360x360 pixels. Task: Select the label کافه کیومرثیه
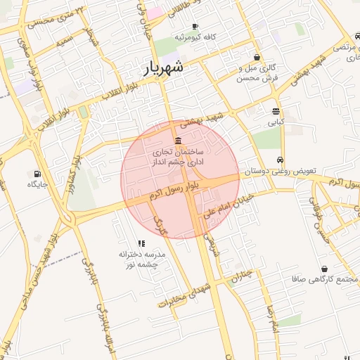(x=196, y=37)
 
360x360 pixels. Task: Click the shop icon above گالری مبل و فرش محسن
(x=256, y=57)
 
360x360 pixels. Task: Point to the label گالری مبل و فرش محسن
(x=256, y=73)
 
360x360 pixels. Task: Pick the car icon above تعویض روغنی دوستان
(x=281, y=159)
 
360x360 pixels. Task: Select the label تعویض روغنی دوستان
(x=281, y=171)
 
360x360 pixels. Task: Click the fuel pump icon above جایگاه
(x=37, y=173)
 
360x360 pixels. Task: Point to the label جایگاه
(x=37, y=184)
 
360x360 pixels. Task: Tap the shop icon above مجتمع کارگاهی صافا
(x=324, y=269)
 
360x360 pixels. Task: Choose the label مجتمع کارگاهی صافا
(x=324, y=280)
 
